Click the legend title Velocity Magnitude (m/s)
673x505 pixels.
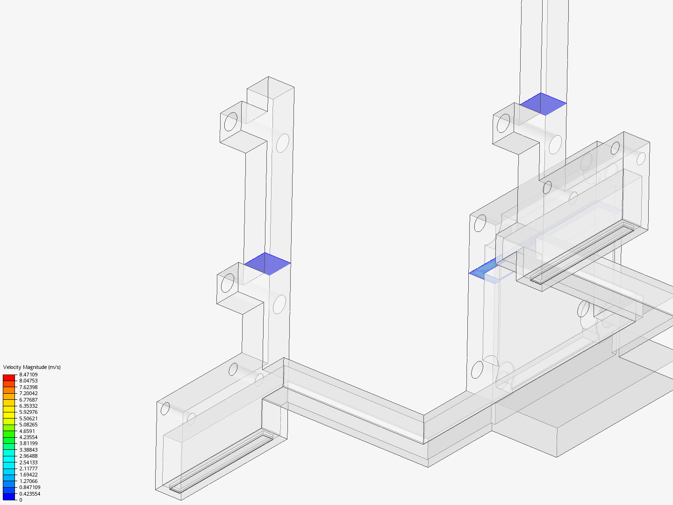(x=32, y=367)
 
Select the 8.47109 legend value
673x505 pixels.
(x=29, y=375)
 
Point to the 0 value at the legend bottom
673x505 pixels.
(x=21, y=500)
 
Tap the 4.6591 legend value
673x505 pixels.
(x=27, y=431)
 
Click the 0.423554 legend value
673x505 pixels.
(x=30, y=494)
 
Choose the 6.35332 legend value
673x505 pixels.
(x=29, y=406)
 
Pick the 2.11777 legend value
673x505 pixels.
(x=29, y=469)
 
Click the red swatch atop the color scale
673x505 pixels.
(x=9, y=377)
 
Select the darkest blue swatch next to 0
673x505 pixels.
(x=9, y=497)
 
